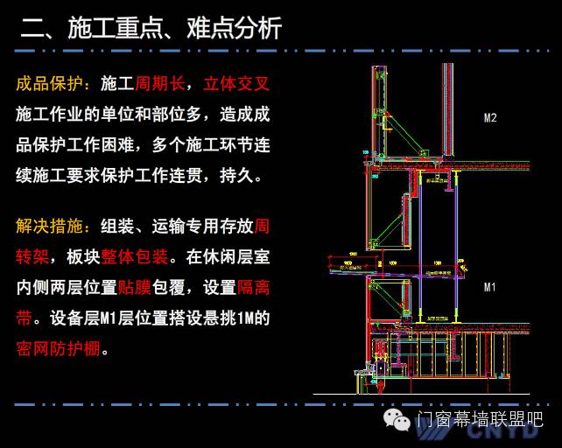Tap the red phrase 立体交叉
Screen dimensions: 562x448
pyautogui.click(x=236, y=84)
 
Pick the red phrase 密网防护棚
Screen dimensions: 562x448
pyautogui.click(x=58, y=349)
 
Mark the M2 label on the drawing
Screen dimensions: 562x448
pyautogui.click(x=490, y=117)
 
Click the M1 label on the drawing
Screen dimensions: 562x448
pyautogui.click(x=490, y=286)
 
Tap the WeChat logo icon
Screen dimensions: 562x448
pyautogui.click(x=399, y=421)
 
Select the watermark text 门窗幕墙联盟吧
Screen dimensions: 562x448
pyautogui.click(x=481, y=421)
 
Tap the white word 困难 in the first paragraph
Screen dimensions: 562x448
pyautogui.click(x=143, y=145)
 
